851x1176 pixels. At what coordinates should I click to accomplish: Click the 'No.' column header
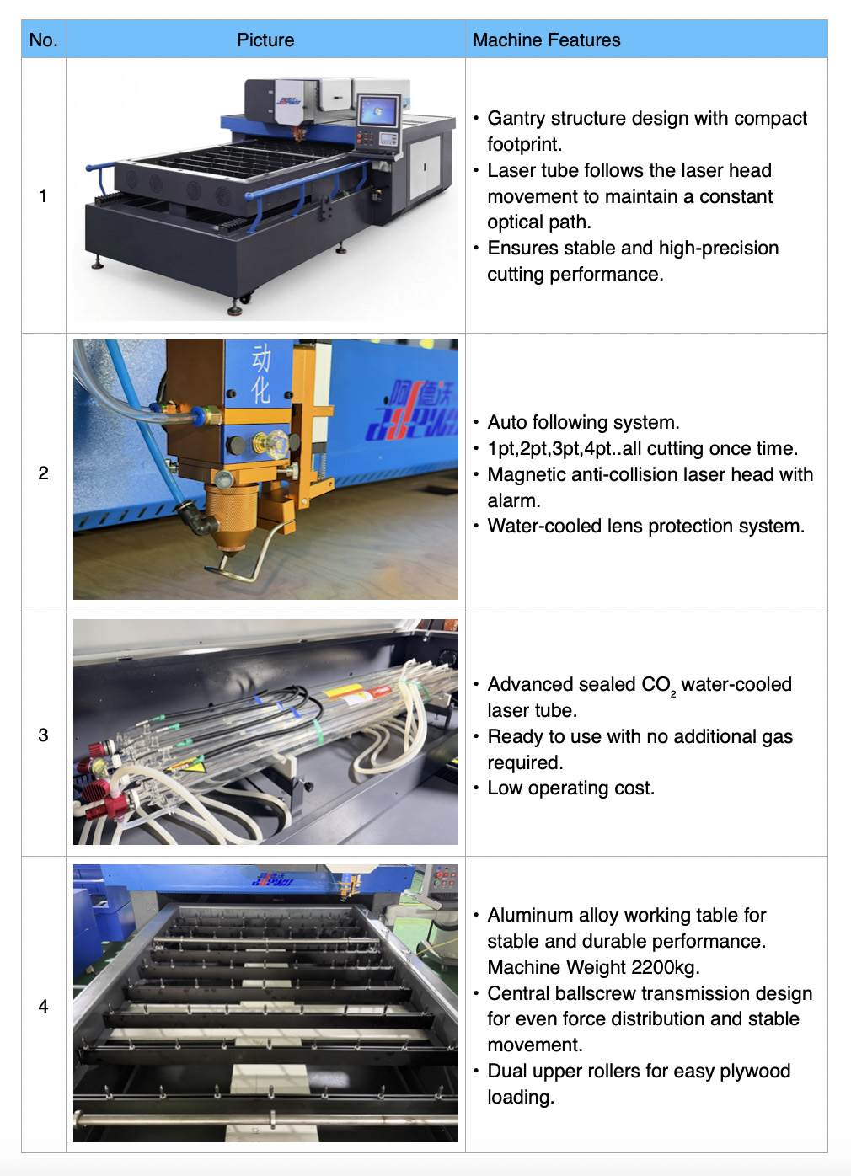point(43,40)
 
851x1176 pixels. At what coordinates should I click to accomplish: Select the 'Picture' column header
point(265,40)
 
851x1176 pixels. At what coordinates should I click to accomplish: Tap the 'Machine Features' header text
point(546,40)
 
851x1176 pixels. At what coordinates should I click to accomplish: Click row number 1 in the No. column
point(43,195)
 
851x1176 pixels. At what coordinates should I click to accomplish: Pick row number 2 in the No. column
point(43,473)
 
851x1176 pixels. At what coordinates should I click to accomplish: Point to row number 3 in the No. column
point(43,735)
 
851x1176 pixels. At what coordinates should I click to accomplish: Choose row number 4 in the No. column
point(43,1007)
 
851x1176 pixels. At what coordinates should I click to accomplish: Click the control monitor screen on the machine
point(377,110)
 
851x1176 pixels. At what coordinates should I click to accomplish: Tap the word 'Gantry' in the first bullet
point(516,119)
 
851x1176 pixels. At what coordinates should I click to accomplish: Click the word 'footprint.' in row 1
point(524,144)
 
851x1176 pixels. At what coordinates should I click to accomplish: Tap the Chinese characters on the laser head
point(261,374)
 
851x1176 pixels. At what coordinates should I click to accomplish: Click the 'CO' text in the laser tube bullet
point(656,685)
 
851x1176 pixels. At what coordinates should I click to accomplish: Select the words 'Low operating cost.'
point(571,788)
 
